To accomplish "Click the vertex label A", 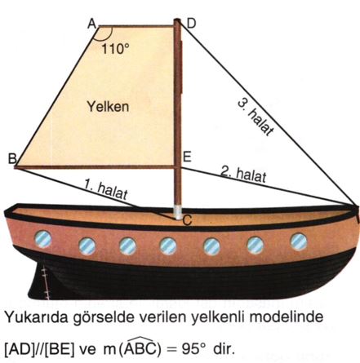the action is (x=92, y=24).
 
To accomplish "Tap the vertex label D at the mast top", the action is (x=191, y=24).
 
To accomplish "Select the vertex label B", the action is (x=12, y=159).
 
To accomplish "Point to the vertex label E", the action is (x=187, y=157).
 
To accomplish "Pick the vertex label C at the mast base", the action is (x=187, y=220).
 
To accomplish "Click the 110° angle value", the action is (x=115, y=49).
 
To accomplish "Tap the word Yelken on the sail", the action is (x=108, y=106).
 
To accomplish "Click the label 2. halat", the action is (x=243, y=174).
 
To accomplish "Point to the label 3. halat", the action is (x=256, y=117).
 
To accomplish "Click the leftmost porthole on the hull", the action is (x=42, y=239).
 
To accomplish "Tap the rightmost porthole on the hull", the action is (x=299, y=241).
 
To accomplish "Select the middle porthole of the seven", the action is (x=168, y=246).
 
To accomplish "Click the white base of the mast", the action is (x=179, y=212).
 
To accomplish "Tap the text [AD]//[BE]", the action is (x=40, y=349).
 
